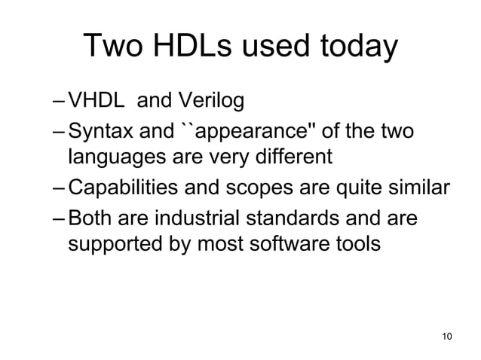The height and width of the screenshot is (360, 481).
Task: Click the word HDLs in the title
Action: [201, 47]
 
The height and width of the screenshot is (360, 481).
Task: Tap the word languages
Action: [111, 158]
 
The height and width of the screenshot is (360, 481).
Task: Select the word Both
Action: [88, 218]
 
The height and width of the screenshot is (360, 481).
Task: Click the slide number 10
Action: [446, 335]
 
